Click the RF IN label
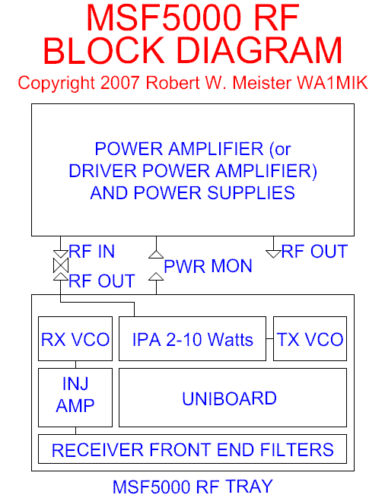point(91,252)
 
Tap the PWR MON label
point(208,266)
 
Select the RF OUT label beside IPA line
point(102,281)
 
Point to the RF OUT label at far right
point(314,252)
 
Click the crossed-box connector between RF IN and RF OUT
point(61,265)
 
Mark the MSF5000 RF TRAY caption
point(192,487)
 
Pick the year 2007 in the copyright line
point(120,83)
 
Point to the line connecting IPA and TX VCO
point(269,339)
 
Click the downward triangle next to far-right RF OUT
point(273,254)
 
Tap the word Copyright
point(56,84)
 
